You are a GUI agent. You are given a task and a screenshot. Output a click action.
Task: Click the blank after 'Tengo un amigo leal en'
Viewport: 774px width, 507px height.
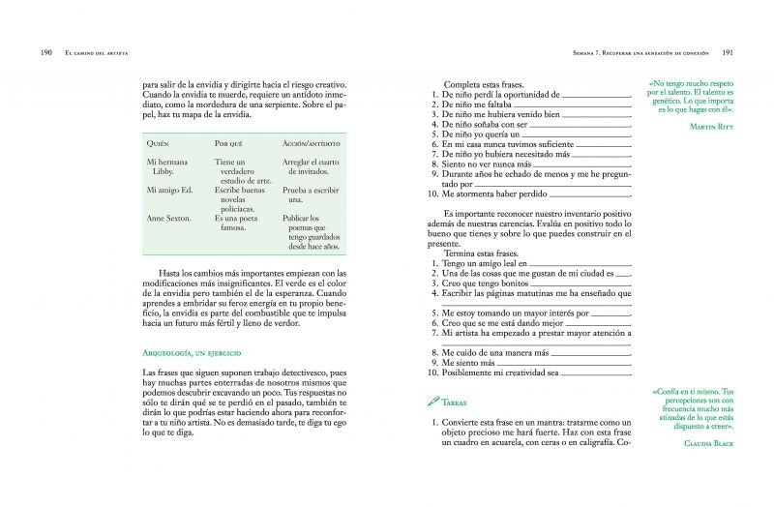(x=578, y=262)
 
